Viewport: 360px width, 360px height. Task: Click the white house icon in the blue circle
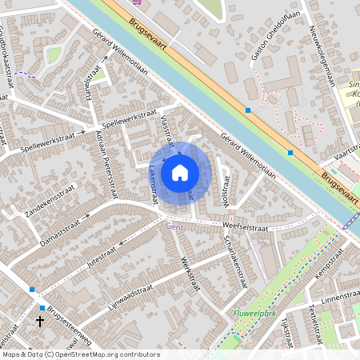(180, 172)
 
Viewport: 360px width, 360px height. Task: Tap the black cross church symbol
(41, 321)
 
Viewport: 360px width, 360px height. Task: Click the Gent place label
(174, 226)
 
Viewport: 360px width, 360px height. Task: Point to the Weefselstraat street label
(245, 229)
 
